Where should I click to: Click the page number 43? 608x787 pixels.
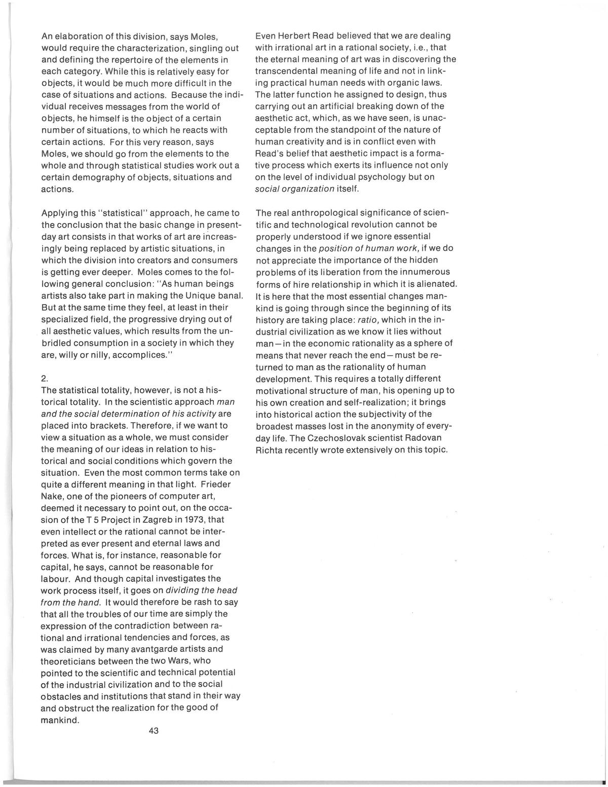154,731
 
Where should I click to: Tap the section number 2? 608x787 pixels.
44,378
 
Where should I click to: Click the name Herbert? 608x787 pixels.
293,36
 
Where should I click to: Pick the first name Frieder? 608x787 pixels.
214,484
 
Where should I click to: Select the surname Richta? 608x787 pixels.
270,449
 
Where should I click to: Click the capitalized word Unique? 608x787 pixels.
188,295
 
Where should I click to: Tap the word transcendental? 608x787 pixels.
289,71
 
